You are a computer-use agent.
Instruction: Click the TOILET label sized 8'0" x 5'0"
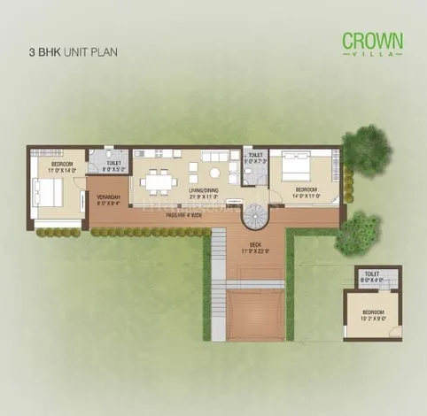click(x=113, y=163)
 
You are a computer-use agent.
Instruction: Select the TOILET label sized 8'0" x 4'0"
click(x=370, y=273)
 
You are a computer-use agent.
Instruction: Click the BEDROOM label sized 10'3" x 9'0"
click(x=371, y=312)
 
